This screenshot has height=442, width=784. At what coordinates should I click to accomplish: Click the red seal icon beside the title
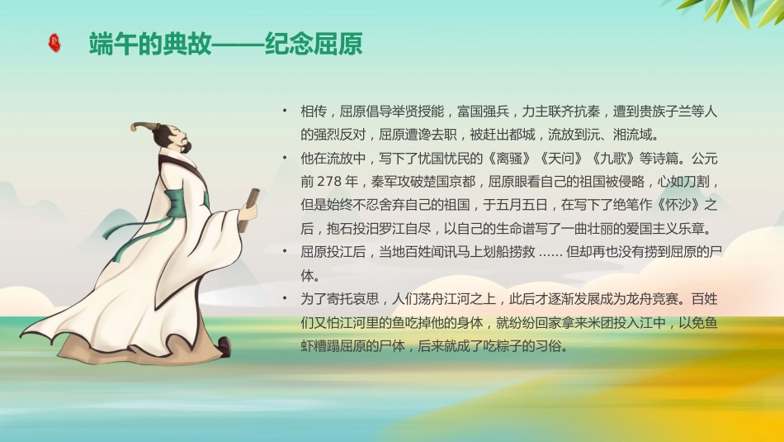click(54, 43)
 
